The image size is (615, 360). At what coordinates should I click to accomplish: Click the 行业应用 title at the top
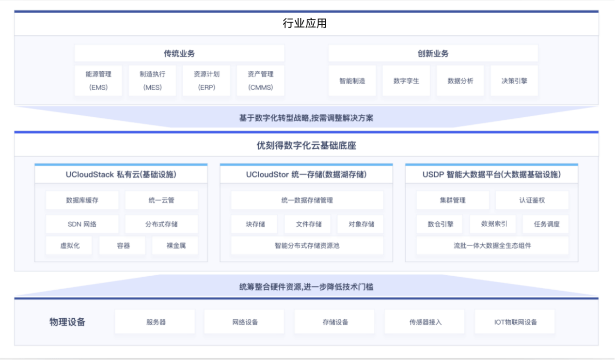(305, 23)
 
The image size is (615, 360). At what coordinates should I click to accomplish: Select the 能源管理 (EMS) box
(98, 80)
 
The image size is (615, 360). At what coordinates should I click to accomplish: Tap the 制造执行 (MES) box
(152, 80)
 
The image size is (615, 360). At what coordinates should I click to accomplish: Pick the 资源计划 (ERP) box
(206, 80)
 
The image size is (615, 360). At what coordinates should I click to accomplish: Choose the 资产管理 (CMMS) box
(261, 80)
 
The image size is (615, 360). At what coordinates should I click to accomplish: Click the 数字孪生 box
(406, 80)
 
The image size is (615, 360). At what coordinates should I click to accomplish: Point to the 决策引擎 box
(514, 80)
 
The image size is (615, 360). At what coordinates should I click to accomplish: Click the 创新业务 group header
(433, 53)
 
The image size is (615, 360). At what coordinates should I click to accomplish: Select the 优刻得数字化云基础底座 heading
(306, 145)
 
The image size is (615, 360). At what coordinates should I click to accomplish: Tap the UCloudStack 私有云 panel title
(121, 174)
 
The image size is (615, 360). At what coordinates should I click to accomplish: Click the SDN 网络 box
(82, 224)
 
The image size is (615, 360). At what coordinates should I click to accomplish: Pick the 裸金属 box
(176, 246)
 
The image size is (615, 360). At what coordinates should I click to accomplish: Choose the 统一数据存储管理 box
(307, 200)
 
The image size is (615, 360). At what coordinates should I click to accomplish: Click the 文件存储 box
(309, 224)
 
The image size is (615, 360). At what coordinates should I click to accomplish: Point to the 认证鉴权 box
(532, 200)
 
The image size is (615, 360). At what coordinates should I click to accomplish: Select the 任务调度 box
(547, 224)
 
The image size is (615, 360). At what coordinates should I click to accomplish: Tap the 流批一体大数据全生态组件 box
(492, 246)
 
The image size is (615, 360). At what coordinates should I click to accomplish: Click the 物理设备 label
(67, 322)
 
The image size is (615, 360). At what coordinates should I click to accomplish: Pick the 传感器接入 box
(426, 322)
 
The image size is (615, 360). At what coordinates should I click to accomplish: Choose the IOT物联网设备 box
(515, 322)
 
